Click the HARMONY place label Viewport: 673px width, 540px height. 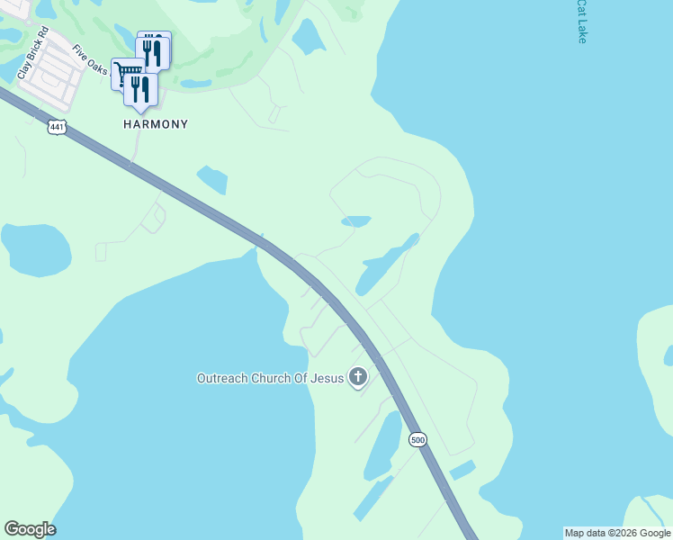156,124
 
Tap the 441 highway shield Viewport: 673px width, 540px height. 58,127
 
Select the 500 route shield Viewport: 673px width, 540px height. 417,439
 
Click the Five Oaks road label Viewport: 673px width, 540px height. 90,59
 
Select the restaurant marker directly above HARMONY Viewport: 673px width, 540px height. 140,90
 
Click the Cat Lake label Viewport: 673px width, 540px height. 582,22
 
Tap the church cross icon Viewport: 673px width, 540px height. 358,377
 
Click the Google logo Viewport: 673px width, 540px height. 30,529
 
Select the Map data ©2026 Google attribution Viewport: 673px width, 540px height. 617,533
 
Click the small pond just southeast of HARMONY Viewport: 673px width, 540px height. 211,179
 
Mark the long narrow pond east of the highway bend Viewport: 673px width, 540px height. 387,264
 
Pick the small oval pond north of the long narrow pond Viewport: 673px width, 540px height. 355,221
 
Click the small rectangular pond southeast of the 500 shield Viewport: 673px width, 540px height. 462,470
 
